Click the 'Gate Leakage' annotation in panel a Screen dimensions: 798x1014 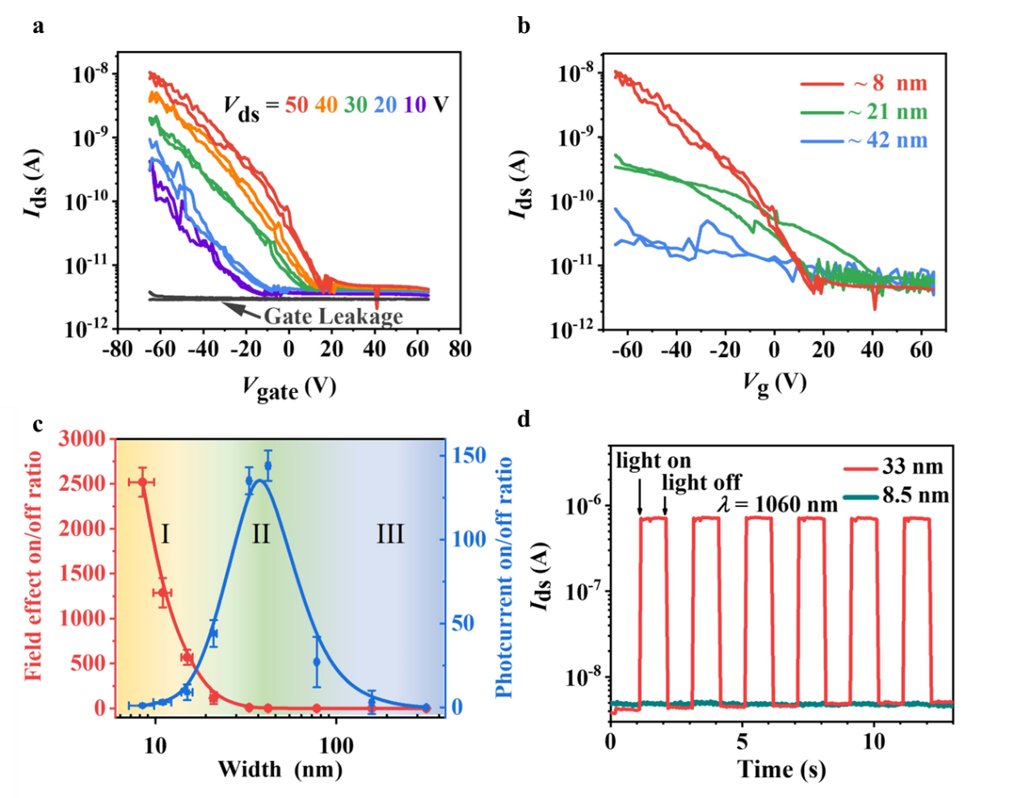(333, 315)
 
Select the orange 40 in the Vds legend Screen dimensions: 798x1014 (326, 104)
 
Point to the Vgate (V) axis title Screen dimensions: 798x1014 (288, 388)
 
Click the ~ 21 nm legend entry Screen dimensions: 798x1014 (887, 112)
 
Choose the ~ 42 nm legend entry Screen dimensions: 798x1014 (887, 141)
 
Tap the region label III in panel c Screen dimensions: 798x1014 (390, 534)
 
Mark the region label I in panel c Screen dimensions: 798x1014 (166, 534)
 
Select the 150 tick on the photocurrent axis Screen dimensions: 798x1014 (468, 455)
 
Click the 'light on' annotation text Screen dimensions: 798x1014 (654, 461)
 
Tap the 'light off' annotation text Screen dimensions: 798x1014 (701, 483)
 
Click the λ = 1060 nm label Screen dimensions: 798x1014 (778, 505)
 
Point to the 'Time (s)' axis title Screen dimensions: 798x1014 (781, 769)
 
